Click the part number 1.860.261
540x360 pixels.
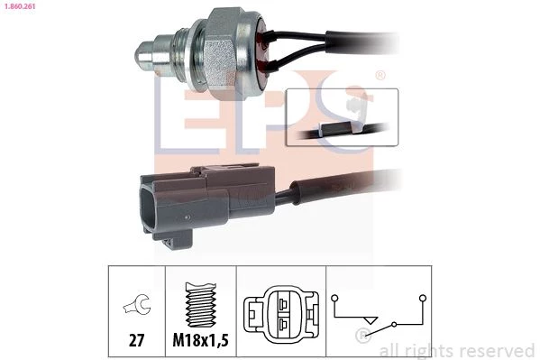pos(20,5)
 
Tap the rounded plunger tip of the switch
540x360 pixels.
pos(144,55)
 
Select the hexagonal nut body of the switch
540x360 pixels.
pos(222,51)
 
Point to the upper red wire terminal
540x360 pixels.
pos(267,36)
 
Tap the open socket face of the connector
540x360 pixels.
pos(148,207)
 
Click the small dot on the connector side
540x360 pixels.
pos(187,217)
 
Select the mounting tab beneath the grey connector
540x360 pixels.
pos(172,239)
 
